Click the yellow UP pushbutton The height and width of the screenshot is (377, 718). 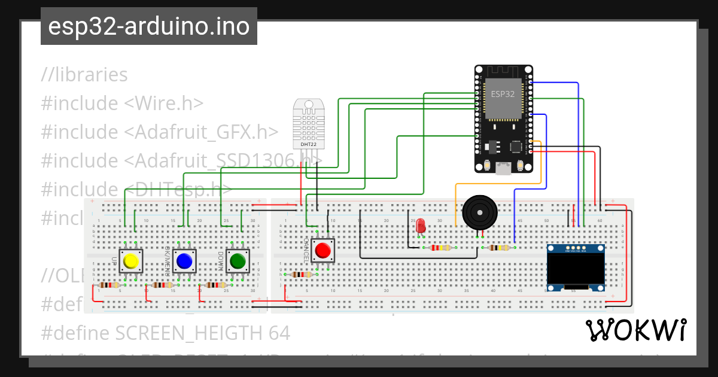point(130,261)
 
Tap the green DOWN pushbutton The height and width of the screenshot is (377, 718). point(238,261)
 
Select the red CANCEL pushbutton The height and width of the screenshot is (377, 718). point(324,250)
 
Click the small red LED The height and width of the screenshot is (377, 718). point(421,226)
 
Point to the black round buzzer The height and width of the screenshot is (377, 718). point(480,211)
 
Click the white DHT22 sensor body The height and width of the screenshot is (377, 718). point(308,123)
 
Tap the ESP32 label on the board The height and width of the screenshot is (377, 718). point(503,94)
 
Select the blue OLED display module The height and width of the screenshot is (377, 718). point(576,267)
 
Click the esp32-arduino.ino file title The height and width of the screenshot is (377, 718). point(148,27)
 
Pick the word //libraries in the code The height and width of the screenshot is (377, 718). point(84,75)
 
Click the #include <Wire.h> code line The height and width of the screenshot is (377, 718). point(122,104)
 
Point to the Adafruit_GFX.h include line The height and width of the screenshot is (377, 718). point(159,132)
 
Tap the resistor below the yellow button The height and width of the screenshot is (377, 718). point(110,285)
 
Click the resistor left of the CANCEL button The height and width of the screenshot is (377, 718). point(300,275)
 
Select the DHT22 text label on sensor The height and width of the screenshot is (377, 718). point(308,144)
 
